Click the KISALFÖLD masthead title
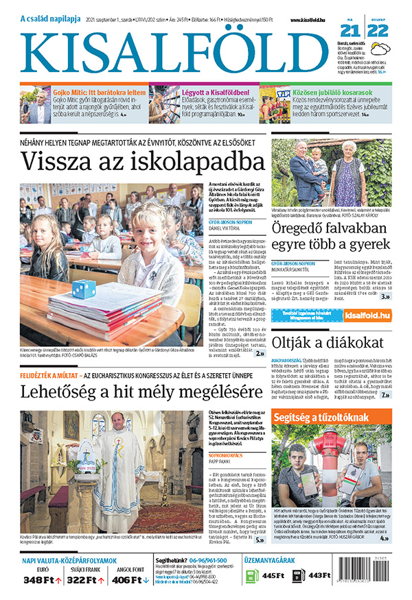click(175, 51)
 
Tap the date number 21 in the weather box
click(351, 32)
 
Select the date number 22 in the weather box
click(380, 32)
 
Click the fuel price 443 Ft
click(320, 575)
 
